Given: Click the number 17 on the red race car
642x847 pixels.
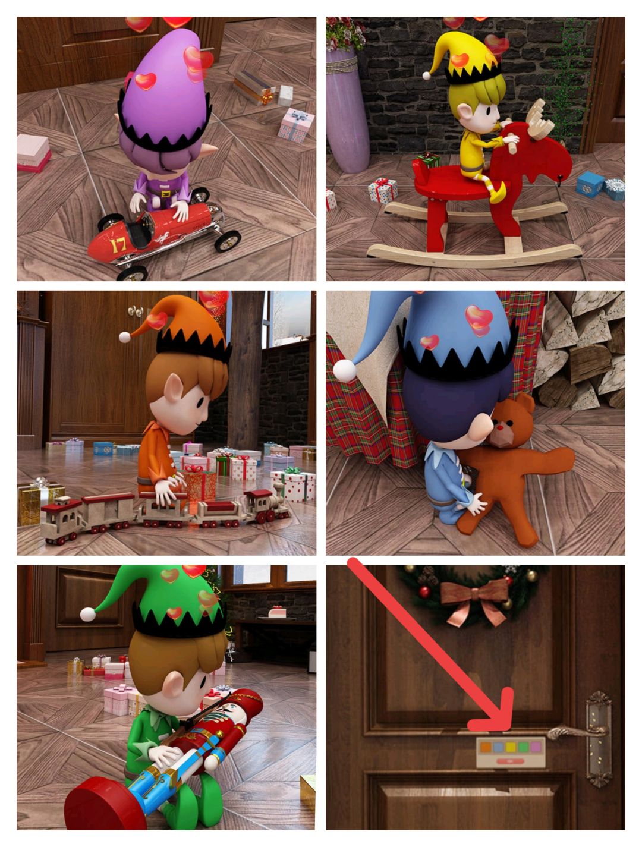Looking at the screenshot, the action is pos(118,245).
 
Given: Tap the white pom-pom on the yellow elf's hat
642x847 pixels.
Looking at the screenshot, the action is pos(426,75).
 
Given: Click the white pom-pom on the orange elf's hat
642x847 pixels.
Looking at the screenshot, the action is pos(125,337).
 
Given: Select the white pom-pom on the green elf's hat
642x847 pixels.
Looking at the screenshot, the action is pos(87,614).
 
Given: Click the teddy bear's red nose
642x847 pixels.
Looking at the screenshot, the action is pos(500,427).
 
